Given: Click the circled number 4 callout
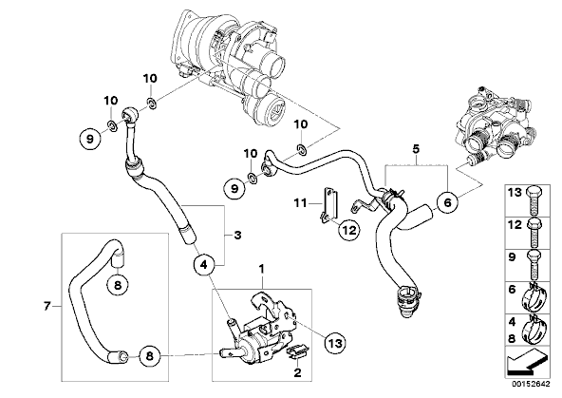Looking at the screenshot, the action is (203, 265).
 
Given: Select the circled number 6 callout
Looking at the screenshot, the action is (448, 202).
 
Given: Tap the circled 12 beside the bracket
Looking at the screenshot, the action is (349, 230).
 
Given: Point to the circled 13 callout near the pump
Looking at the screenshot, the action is (334, 343).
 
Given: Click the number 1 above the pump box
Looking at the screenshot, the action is (262, 268).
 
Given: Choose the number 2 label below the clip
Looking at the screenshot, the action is (297, 373).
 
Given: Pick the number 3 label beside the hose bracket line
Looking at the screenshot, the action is (237, 236).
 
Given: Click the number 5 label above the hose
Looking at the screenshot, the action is (416, 148).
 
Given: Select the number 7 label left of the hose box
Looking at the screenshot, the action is (47, 307).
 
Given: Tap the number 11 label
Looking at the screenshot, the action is (300, 203).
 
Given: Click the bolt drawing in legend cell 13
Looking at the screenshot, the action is (534, 200).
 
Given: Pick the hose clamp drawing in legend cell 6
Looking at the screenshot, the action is (534, 298).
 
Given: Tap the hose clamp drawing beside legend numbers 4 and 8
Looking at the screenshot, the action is (534, 330).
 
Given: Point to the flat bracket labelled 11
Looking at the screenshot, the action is (329, 206).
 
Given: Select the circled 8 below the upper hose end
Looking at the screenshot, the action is (119, 285).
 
